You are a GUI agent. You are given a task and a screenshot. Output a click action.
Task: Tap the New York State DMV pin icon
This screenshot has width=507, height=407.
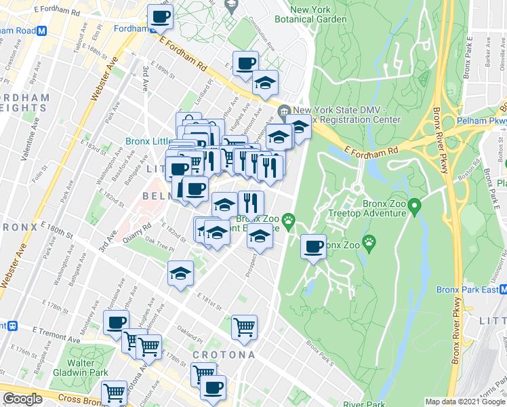coord(284,111)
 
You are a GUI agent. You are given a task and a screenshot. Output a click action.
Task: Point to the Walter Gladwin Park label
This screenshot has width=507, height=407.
coord(89,367)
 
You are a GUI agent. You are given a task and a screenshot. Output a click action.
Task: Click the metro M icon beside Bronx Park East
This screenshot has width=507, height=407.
coord(502,290)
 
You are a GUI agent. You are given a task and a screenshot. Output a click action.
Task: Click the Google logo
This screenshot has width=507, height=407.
coord(22,399)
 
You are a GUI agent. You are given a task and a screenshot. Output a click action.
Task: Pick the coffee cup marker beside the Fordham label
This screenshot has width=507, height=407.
coord(160,18)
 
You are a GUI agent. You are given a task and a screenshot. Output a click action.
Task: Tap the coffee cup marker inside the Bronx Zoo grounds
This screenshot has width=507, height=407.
coord(313,247)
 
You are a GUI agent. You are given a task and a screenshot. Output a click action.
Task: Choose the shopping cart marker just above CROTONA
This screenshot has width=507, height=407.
coord(244,327)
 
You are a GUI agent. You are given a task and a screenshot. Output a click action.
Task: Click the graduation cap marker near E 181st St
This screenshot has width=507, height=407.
coord(181,274)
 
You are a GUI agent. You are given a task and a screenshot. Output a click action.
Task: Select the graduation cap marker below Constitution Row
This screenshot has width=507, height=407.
coord(265,83)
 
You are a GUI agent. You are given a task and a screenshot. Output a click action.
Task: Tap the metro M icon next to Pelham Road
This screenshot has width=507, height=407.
coord(41,31)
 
